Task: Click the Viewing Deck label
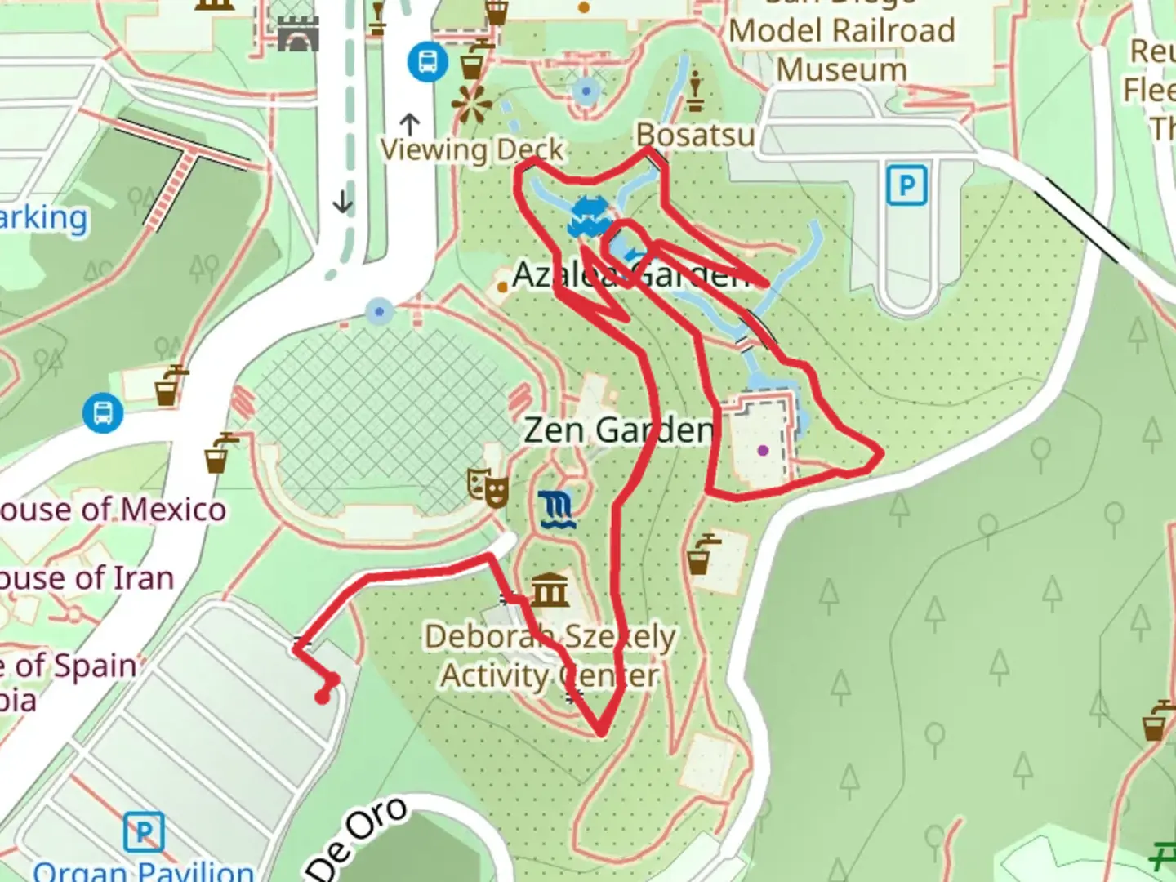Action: point(472,149)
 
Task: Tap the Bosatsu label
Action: point(696,135)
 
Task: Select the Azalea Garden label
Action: point(630,276)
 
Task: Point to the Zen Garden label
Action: point(618,430)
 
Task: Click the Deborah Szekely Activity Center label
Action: point(550,656)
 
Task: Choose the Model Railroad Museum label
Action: point(842,50)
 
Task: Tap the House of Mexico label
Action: point(113,510)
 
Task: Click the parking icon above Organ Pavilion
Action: point(144,832)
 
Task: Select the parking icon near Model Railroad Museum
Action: point(906,185)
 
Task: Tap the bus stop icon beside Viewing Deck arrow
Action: point(427,61)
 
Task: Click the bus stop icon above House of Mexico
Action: point(103,413)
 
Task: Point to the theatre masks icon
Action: point(488,488)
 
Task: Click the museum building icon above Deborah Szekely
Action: point(550,590)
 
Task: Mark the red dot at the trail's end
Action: point(323,697)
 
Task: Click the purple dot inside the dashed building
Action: point(763,450)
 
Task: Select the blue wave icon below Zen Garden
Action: point(558,510)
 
